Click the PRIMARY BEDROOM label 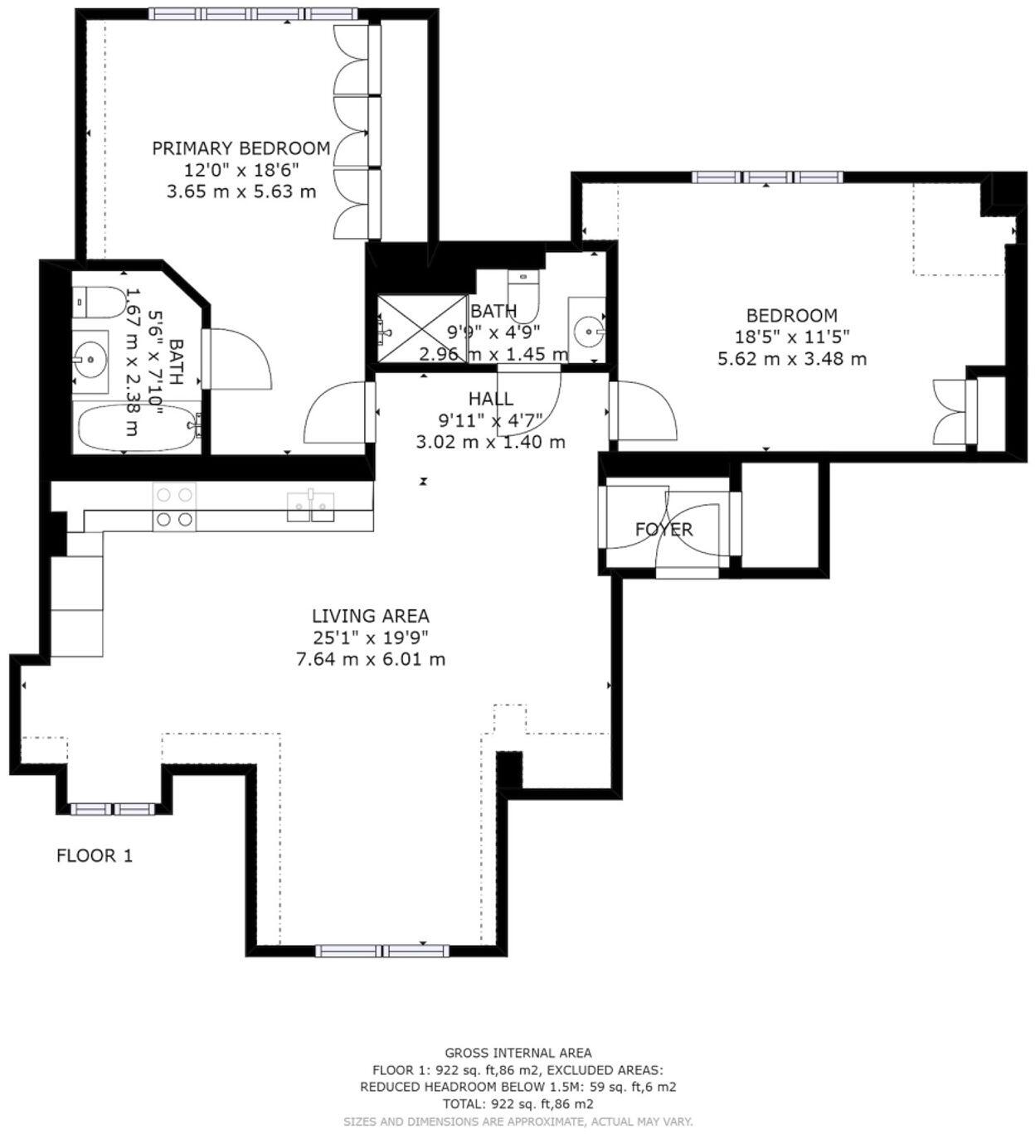pyautogui.click(x=241, y=148)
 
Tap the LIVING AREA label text pyautogui.click(x=370, y=616)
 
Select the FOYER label pyautogui.click(x=663, y=529)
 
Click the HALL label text pyautogui.click(x=490, y=399)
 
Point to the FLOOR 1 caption pyautogui.click(x=94, y=855)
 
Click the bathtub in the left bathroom pyautogui.click(x=138, y=428)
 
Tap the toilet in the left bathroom pyautogui.click(x=99, y=302)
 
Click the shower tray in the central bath pyautogui.click(x=421, y=327)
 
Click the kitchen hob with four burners pyautogui.click(x=174, y=506)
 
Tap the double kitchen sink pyautogui.click(x=311, y=506)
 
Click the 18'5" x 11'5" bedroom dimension pyautogui.click(x=791, y=337)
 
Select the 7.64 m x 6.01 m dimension pyautogui.click(x=370, y=660)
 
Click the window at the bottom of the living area pyautogui.click(x=381, y=951)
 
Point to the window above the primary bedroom pyautogui.click(x=254, y=14)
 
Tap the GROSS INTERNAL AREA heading pyautogui.click(x=518, y=1054)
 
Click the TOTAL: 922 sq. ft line pyautogui.click(x=518, y=1104)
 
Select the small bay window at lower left pyautogui.click(x=112, y=809)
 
